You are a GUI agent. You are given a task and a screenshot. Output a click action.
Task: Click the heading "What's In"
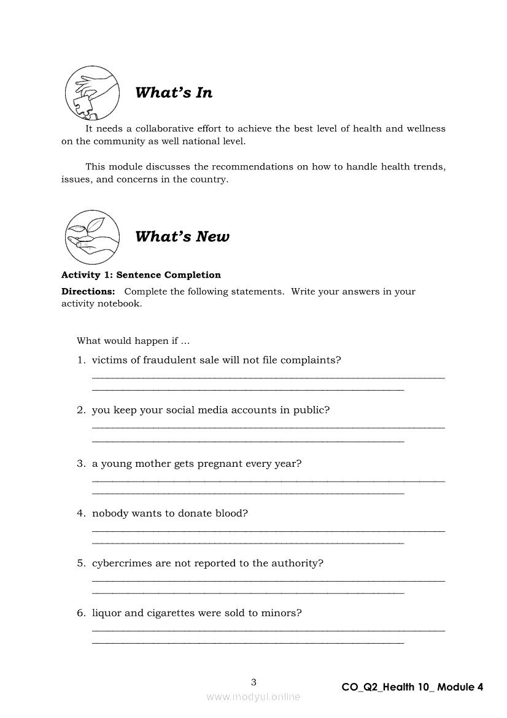tap(174, 93)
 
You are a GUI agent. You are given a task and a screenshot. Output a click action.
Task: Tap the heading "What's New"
tap(182, 237)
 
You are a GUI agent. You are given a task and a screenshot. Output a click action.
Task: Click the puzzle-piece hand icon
tap(92, 93)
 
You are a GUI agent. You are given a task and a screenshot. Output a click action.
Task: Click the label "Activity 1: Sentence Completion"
tap(141, 275)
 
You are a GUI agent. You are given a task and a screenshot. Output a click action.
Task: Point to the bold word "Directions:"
tap(88, 292)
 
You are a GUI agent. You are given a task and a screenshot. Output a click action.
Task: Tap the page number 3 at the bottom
tap(254, 682)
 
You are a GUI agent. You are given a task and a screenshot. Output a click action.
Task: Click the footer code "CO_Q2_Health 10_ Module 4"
tap(412, 687)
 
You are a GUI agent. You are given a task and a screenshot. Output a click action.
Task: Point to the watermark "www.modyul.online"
tap(253, 697)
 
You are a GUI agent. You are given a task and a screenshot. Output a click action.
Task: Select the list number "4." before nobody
tap(81, 513)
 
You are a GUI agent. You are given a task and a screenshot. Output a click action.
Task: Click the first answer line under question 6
tap(268, 630)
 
